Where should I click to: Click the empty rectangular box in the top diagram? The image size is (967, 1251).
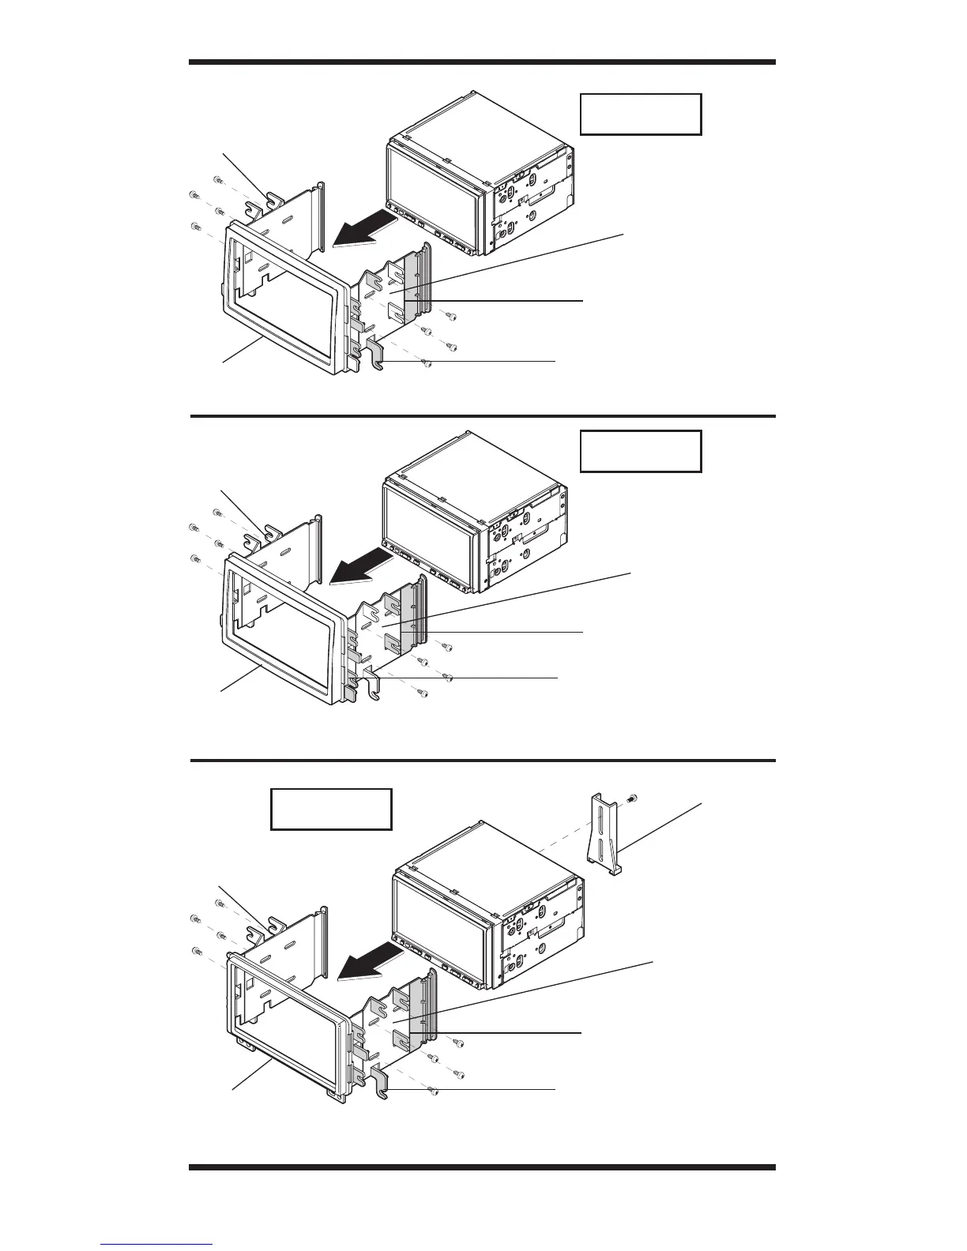[641, 115]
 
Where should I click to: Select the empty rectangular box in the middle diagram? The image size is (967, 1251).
[641, 451]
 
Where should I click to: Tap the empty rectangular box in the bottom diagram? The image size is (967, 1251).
[331, 809]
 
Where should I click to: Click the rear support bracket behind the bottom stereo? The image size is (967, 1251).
[604, 835]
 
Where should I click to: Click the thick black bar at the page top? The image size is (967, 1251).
[482, 62]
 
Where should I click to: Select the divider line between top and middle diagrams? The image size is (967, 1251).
[482, 415]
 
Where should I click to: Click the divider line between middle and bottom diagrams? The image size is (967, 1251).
[482, 761]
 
